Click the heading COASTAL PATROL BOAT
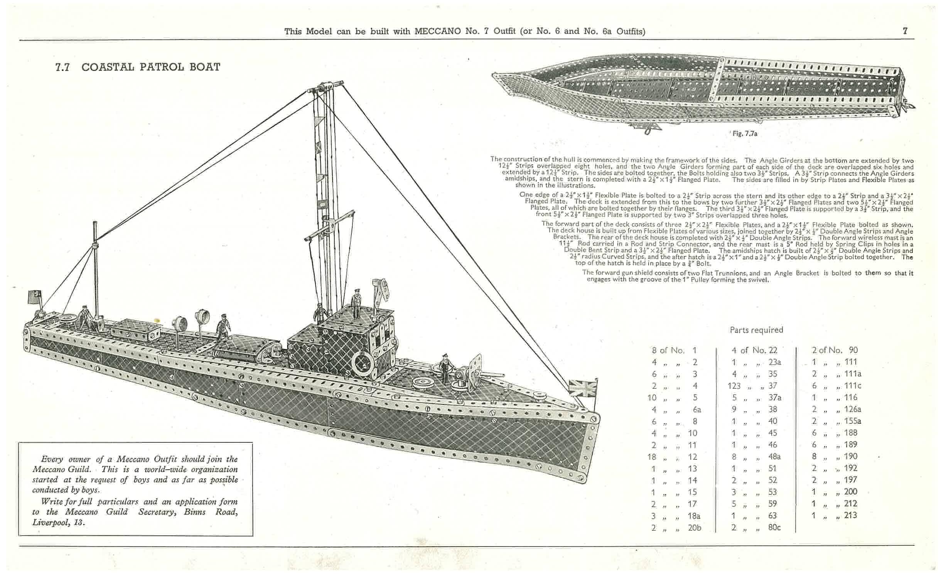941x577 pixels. coord(151,67)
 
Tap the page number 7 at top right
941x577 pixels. coord(905,31)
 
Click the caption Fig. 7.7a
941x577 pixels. coord(745,134)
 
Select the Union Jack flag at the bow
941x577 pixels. coord(582,388)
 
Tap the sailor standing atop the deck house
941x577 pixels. coord(356,303)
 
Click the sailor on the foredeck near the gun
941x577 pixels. coord(445,367)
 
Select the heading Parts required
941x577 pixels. coord(756,330)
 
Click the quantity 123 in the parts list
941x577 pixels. coord(734,386)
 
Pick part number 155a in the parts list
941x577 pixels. coord(852,421)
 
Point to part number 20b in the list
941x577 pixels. coord(694,528)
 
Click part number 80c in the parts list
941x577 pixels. coord(774,527)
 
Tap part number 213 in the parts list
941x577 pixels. coord(850,515)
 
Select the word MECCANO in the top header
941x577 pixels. coord(437,31)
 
